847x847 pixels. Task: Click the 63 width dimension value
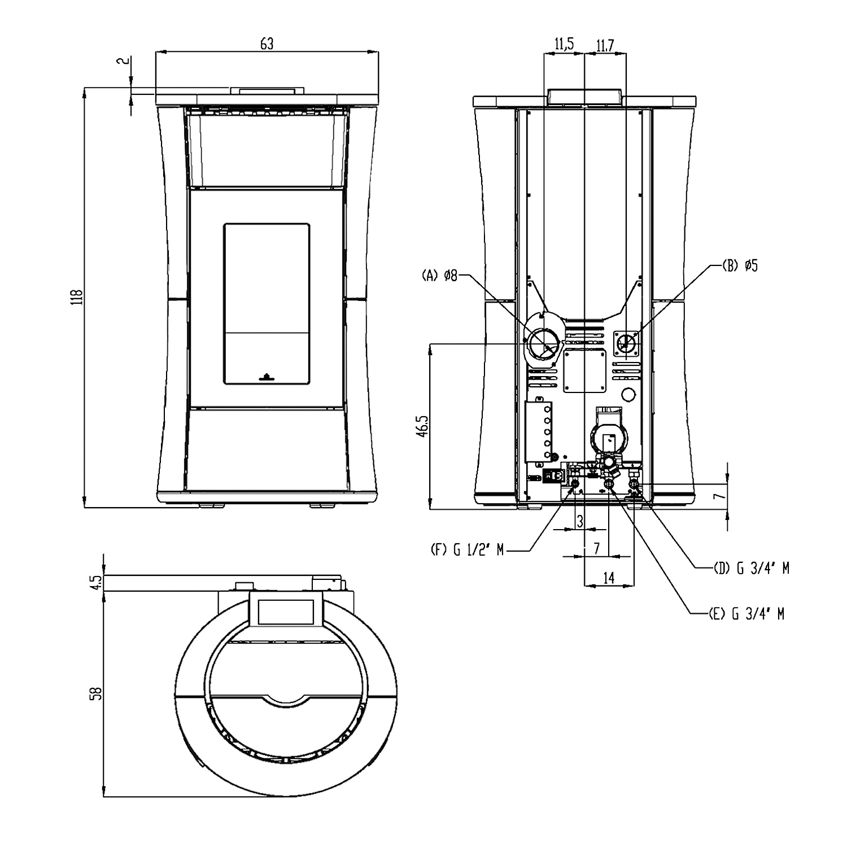pos(267,43)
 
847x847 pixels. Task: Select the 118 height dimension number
pos(78,297)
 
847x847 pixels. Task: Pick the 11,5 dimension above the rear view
pos(564,44)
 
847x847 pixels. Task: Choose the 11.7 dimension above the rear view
pos(604,44)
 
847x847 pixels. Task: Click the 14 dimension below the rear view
pos(609,577)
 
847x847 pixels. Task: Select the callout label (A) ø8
pos(439,276)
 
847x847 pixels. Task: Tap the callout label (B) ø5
pos(740,266)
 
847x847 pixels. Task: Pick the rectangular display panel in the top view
pos(285,611)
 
